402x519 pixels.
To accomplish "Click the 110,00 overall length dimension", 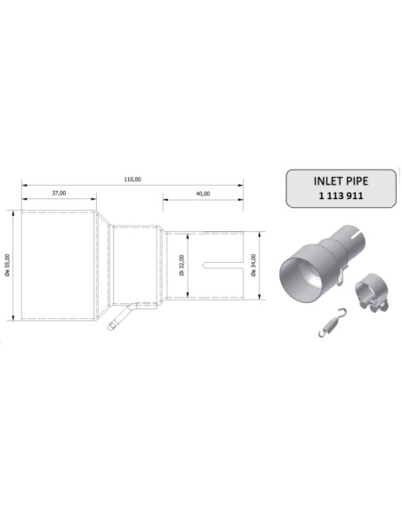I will [132, 180].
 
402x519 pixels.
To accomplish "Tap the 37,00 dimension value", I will [59, 192].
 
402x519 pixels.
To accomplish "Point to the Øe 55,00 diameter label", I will [8, 265].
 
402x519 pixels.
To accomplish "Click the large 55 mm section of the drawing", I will [59, 264].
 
